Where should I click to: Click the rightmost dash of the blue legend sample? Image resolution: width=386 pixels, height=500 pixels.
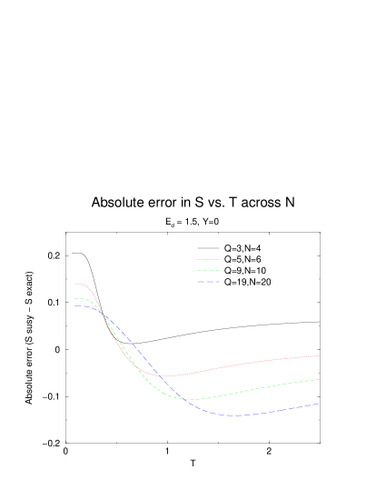(x=217, y=282)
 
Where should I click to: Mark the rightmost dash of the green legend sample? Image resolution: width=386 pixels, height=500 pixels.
(x=217, y=271)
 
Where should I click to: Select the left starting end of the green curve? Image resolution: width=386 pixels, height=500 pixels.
(x=74, y=298)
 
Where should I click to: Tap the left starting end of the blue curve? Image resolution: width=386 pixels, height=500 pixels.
(x=74, y=305)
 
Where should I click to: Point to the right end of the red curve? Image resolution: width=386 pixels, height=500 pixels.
(x=319, y=355)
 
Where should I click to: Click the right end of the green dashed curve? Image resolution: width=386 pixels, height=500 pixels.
(x=319, y=379)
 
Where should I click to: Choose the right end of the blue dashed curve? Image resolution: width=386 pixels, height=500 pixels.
(x=319, y=404)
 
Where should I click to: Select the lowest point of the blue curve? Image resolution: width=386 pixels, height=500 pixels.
(x=234, y=415)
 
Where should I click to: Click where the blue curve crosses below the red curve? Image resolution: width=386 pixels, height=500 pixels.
(x=159, y=374)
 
